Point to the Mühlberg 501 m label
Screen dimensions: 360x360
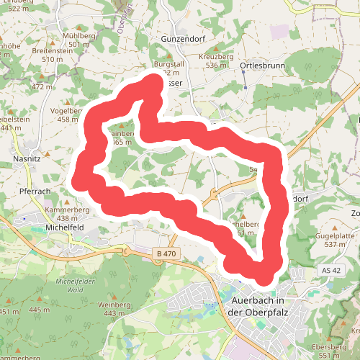pyautogui.click(x=78, y=39)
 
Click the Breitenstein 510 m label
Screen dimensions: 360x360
pyautogui.click(x=52, y=55)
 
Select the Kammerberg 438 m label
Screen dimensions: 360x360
pyautogui.click(x=66, y=214)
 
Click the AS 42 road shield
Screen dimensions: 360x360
pyautogui.click(x=330, y=269)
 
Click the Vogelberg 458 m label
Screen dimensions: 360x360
pyautogui.click(x=68, y=115)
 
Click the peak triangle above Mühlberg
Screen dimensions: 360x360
pyautogui.click(x=78, y=25)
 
